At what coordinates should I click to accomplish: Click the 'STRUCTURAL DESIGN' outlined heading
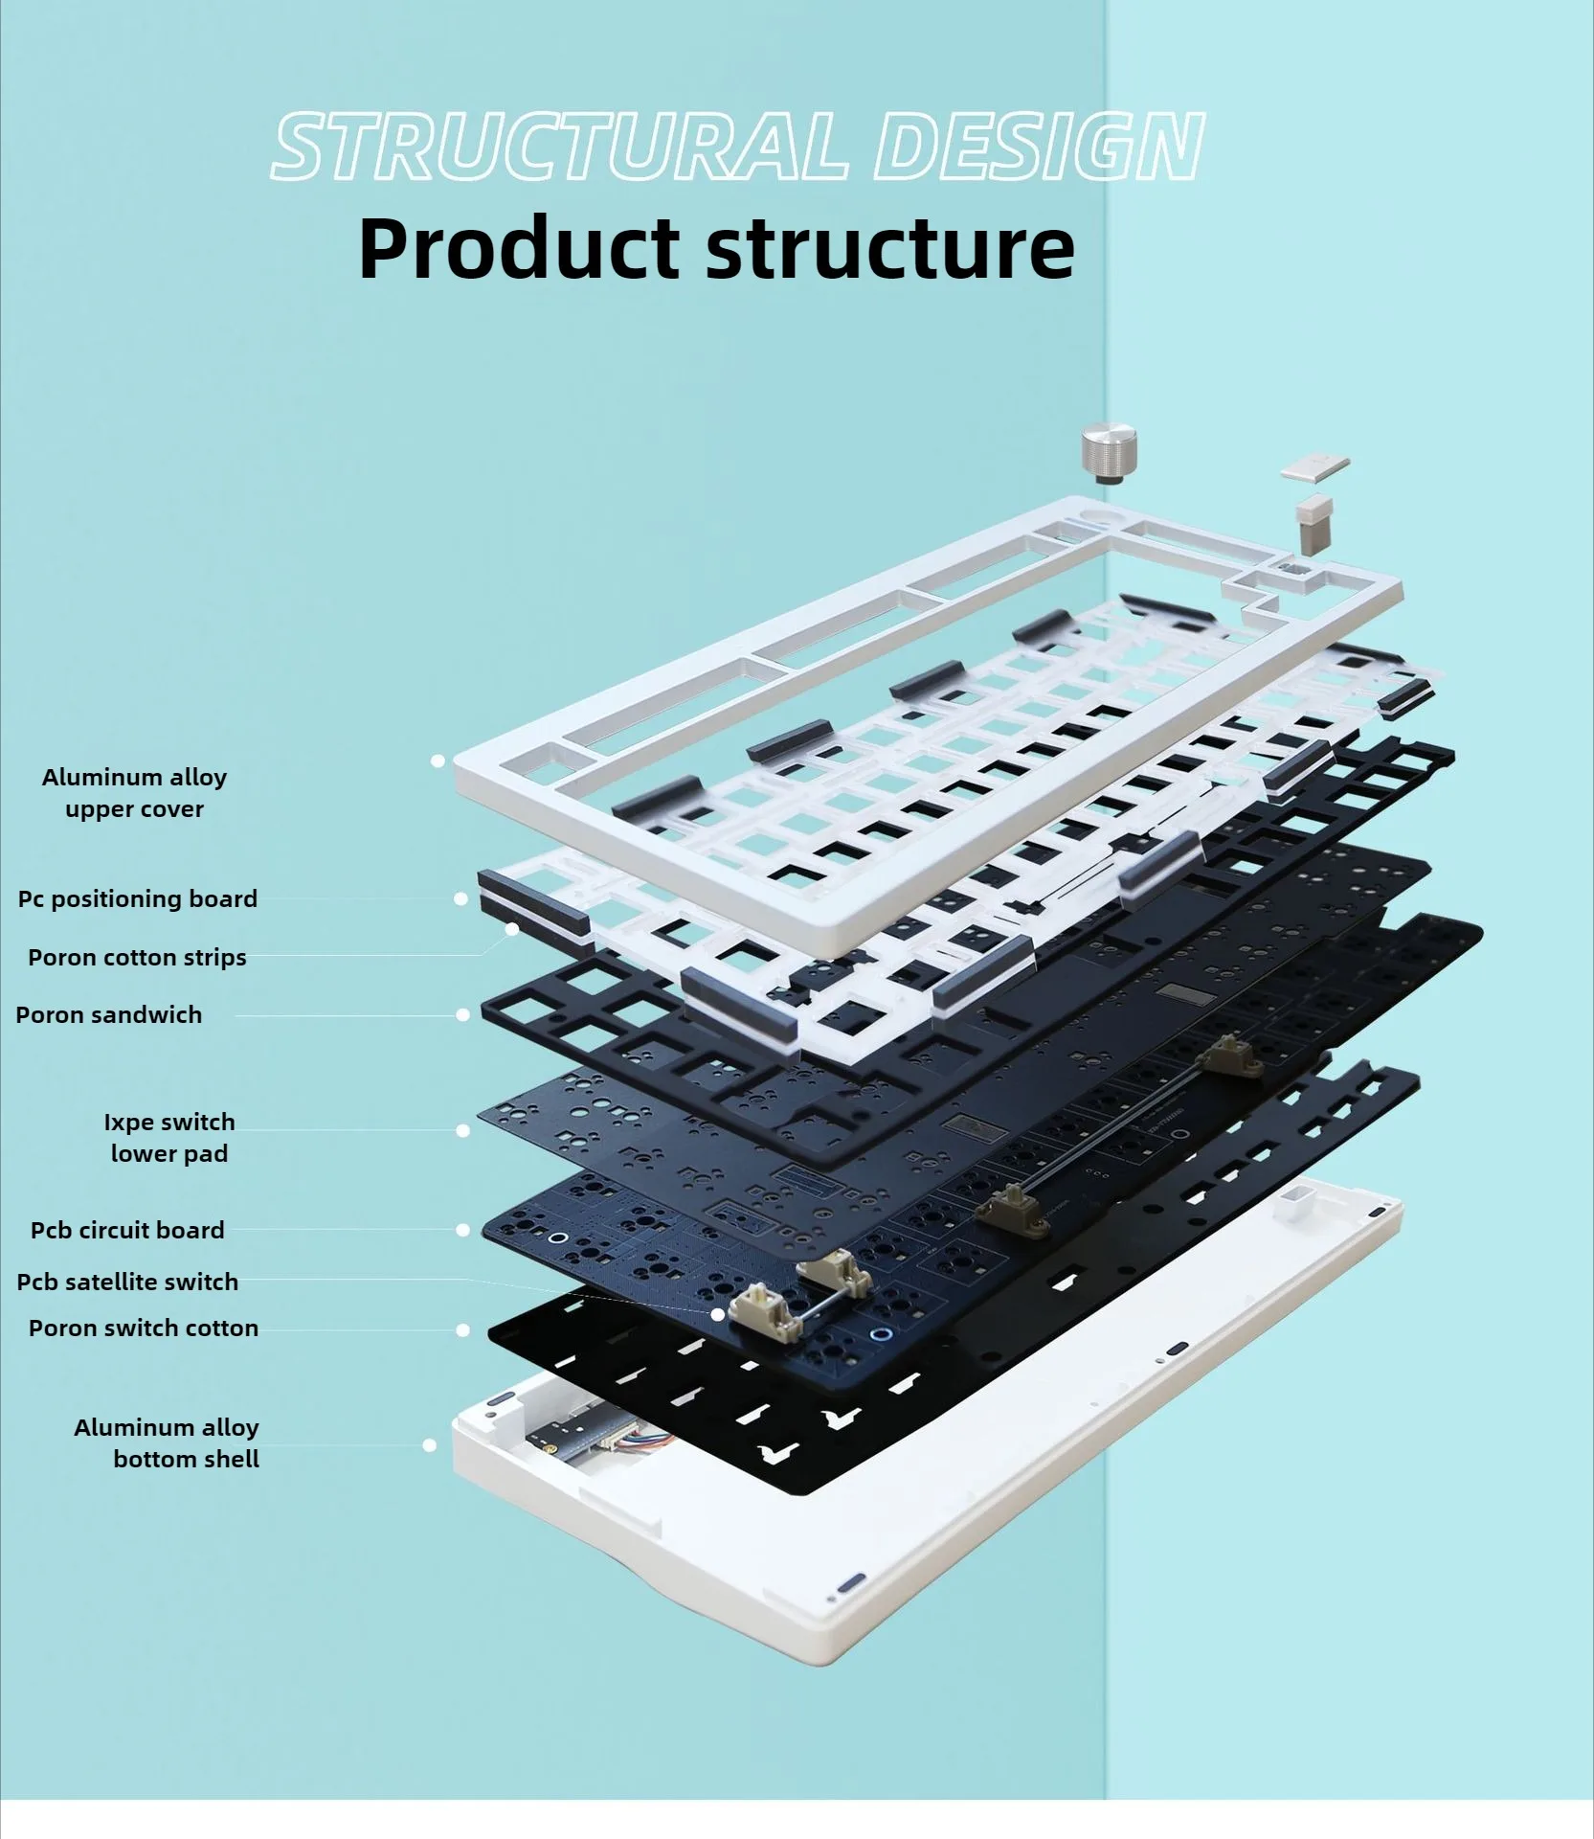pos(737,147)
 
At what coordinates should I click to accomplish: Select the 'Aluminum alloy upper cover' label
pos(134,793)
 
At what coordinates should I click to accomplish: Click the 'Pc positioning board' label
pos(138,899)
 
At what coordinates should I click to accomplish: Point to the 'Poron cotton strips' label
pos(137,958)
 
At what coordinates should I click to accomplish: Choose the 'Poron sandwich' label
pos(109,1015)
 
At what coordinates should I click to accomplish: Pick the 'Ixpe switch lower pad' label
pos(169,1138)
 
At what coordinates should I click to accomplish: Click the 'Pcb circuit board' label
pos(127,1231)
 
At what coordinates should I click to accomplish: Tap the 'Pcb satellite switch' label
pos(127,1283)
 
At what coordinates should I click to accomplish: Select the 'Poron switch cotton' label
pos(144,1328)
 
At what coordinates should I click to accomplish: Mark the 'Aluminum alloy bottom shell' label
pos(167,1443)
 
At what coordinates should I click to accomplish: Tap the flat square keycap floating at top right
pos(1314,469)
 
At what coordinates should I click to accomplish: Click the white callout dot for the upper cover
pos(438,761)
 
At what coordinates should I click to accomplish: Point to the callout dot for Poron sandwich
pos(462,1014)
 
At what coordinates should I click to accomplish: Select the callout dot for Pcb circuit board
pos(462,1230)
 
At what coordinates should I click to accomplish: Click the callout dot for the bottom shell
pos(430,1444)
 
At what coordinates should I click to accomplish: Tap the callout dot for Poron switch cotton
pos(462,1329)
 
